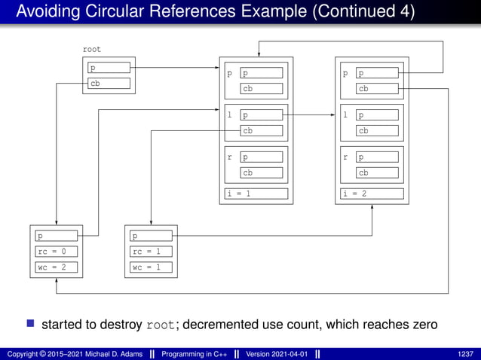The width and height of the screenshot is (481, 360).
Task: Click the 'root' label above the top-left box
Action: coord(91,49)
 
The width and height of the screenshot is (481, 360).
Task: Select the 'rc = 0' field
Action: coord(57,252)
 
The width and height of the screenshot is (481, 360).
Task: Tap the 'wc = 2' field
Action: coord(57,267)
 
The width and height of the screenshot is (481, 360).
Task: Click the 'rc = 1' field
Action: coord(151,252)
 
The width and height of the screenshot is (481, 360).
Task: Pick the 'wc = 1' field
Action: coord(151,267)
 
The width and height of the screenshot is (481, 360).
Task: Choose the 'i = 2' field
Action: coord(372,194)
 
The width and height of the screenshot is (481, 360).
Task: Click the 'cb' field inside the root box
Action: coord(109,84)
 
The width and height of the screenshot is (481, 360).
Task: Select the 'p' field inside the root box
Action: coord(109,69)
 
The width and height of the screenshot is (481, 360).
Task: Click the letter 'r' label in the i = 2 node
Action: coord(345,158)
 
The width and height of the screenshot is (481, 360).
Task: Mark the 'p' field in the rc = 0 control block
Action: coord(57,236)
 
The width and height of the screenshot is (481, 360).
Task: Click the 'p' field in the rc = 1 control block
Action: coord(151,236)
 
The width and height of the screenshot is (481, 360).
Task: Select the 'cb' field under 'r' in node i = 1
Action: coord(262,172)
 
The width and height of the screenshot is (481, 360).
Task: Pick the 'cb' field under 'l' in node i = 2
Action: coord(377,130)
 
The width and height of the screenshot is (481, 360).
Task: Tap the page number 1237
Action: coord(466,354)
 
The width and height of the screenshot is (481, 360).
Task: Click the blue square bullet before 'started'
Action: coord(31,325)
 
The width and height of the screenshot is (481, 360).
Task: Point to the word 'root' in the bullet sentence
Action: coord(162,325)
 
